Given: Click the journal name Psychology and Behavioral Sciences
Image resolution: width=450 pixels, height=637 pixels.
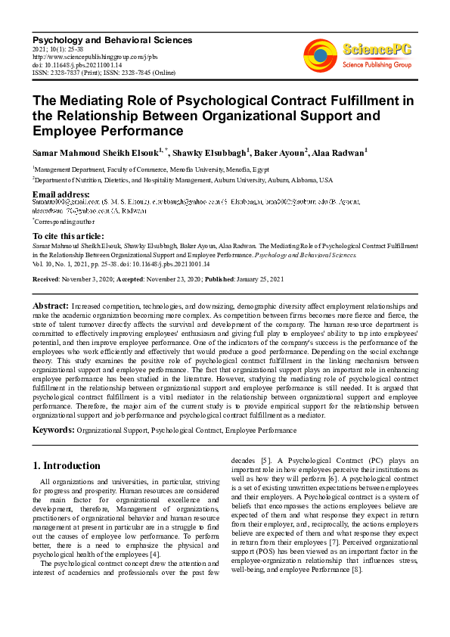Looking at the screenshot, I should (112, 40).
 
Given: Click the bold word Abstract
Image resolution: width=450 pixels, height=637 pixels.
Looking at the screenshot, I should (51, 305).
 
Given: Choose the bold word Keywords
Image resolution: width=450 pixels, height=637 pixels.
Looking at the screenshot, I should (53, 430).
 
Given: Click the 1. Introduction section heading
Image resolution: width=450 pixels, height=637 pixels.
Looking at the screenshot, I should (67, 466).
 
